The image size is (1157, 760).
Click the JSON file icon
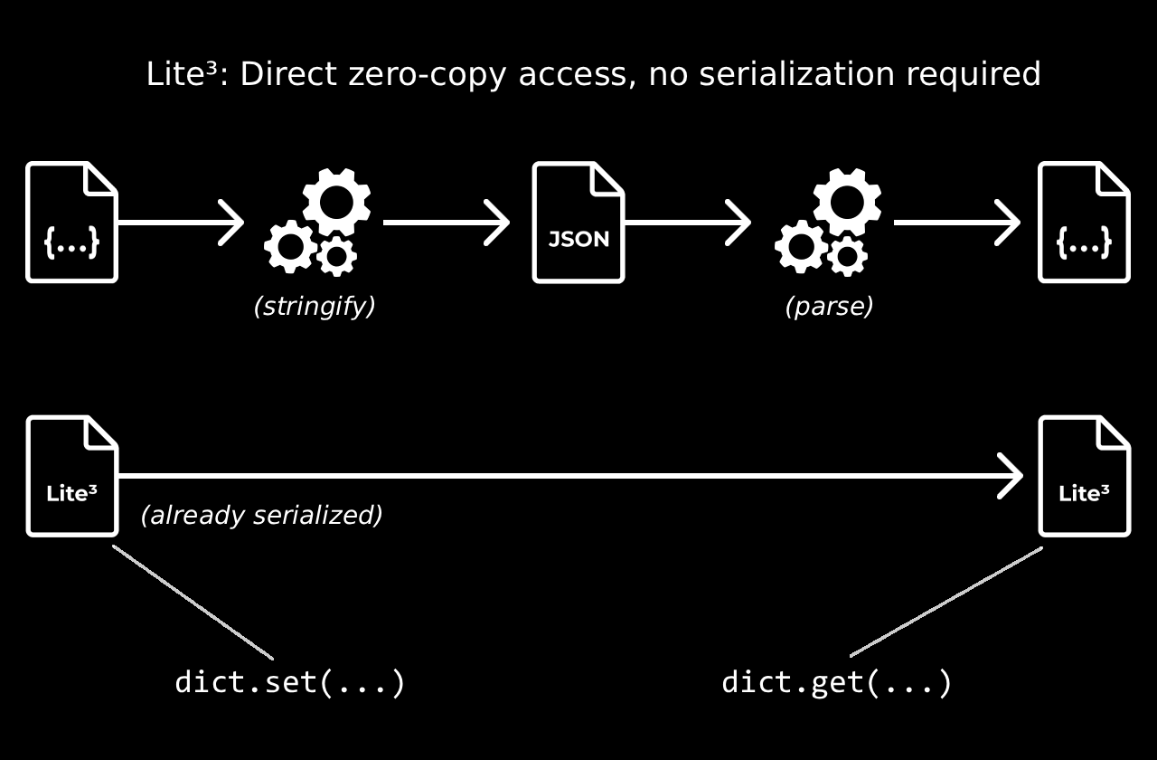(578, 223)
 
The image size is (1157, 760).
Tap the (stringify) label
(314, 307)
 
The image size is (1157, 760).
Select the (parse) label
(829, 307)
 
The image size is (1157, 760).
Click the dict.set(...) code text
(289, 682)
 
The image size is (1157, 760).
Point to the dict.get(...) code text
(836, 682)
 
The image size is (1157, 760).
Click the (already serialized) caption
(261, 515)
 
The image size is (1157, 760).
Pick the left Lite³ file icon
(72, 476)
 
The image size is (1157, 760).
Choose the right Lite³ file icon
(1084, 476)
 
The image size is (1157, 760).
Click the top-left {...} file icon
(72, 223)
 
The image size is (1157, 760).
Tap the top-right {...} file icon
(1084, 223)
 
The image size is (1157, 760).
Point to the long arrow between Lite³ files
(569, 475)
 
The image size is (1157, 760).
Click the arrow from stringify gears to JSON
(447, 223)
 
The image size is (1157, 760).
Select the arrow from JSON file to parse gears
(687, 223)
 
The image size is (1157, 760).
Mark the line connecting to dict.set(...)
(193, 602)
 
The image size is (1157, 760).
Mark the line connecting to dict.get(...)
(946, 602)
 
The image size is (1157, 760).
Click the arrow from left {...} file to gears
(181, 223)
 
